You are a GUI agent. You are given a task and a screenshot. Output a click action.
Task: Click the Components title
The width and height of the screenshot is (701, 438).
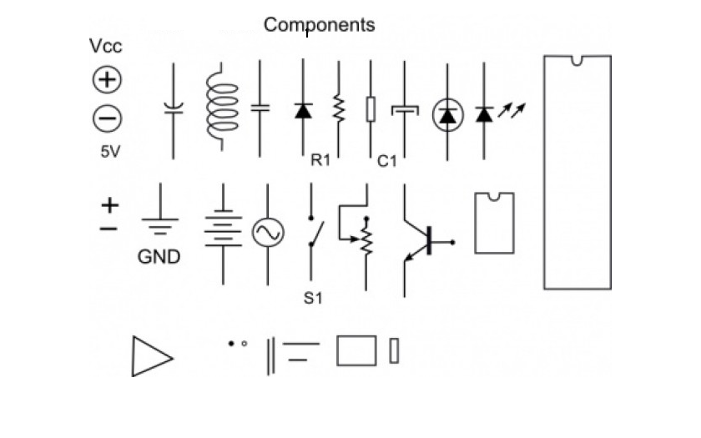(x=320, y=25)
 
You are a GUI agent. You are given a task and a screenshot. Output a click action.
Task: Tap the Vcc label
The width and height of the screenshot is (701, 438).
(x=106, y=47)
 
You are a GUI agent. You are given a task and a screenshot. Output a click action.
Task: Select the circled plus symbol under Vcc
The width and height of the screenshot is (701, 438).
(x=107, y=80)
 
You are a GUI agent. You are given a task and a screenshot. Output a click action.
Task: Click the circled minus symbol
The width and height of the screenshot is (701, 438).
(x=107, y=118)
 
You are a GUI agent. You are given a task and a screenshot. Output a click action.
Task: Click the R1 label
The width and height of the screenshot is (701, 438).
(x=320, y=161)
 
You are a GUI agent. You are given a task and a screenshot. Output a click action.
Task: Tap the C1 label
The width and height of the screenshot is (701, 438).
(x=387, y=161)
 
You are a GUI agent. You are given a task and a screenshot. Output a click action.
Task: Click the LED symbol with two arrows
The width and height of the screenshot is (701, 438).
(x=492, y=112)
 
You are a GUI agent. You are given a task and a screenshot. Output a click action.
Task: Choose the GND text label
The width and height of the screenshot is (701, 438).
(x=159, y=257)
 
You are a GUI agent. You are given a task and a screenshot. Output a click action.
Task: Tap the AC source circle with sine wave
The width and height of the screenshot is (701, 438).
(x=268, y=233)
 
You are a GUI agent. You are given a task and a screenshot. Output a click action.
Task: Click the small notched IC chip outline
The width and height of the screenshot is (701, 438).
(x=494, y=223)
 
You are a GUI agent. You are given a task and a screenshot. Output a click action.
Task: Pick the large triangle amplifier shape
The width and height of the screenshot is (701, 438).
(x=151, y=356)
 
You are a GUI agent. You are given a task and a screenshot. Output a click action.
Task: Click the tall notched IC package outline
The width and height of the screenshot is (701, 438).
(x=577, y=172)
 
